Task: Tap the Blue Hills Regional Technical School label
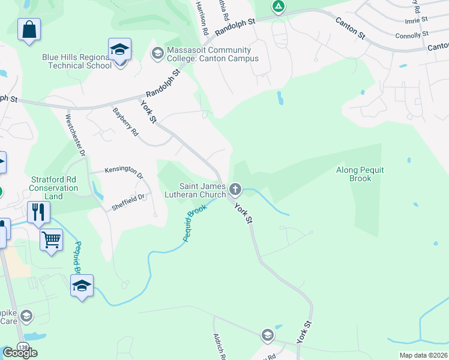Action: [x=77, y=61]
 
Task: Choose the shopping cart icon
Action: [x=52, y=241]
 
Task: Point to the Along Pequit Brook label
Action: [x=360, y=174]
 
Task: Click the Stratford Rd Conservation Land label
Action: [x=55, y=188]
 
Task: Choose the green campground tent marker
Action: [x=278, y=7]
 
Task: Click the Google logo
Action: [x=20, y=353]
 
